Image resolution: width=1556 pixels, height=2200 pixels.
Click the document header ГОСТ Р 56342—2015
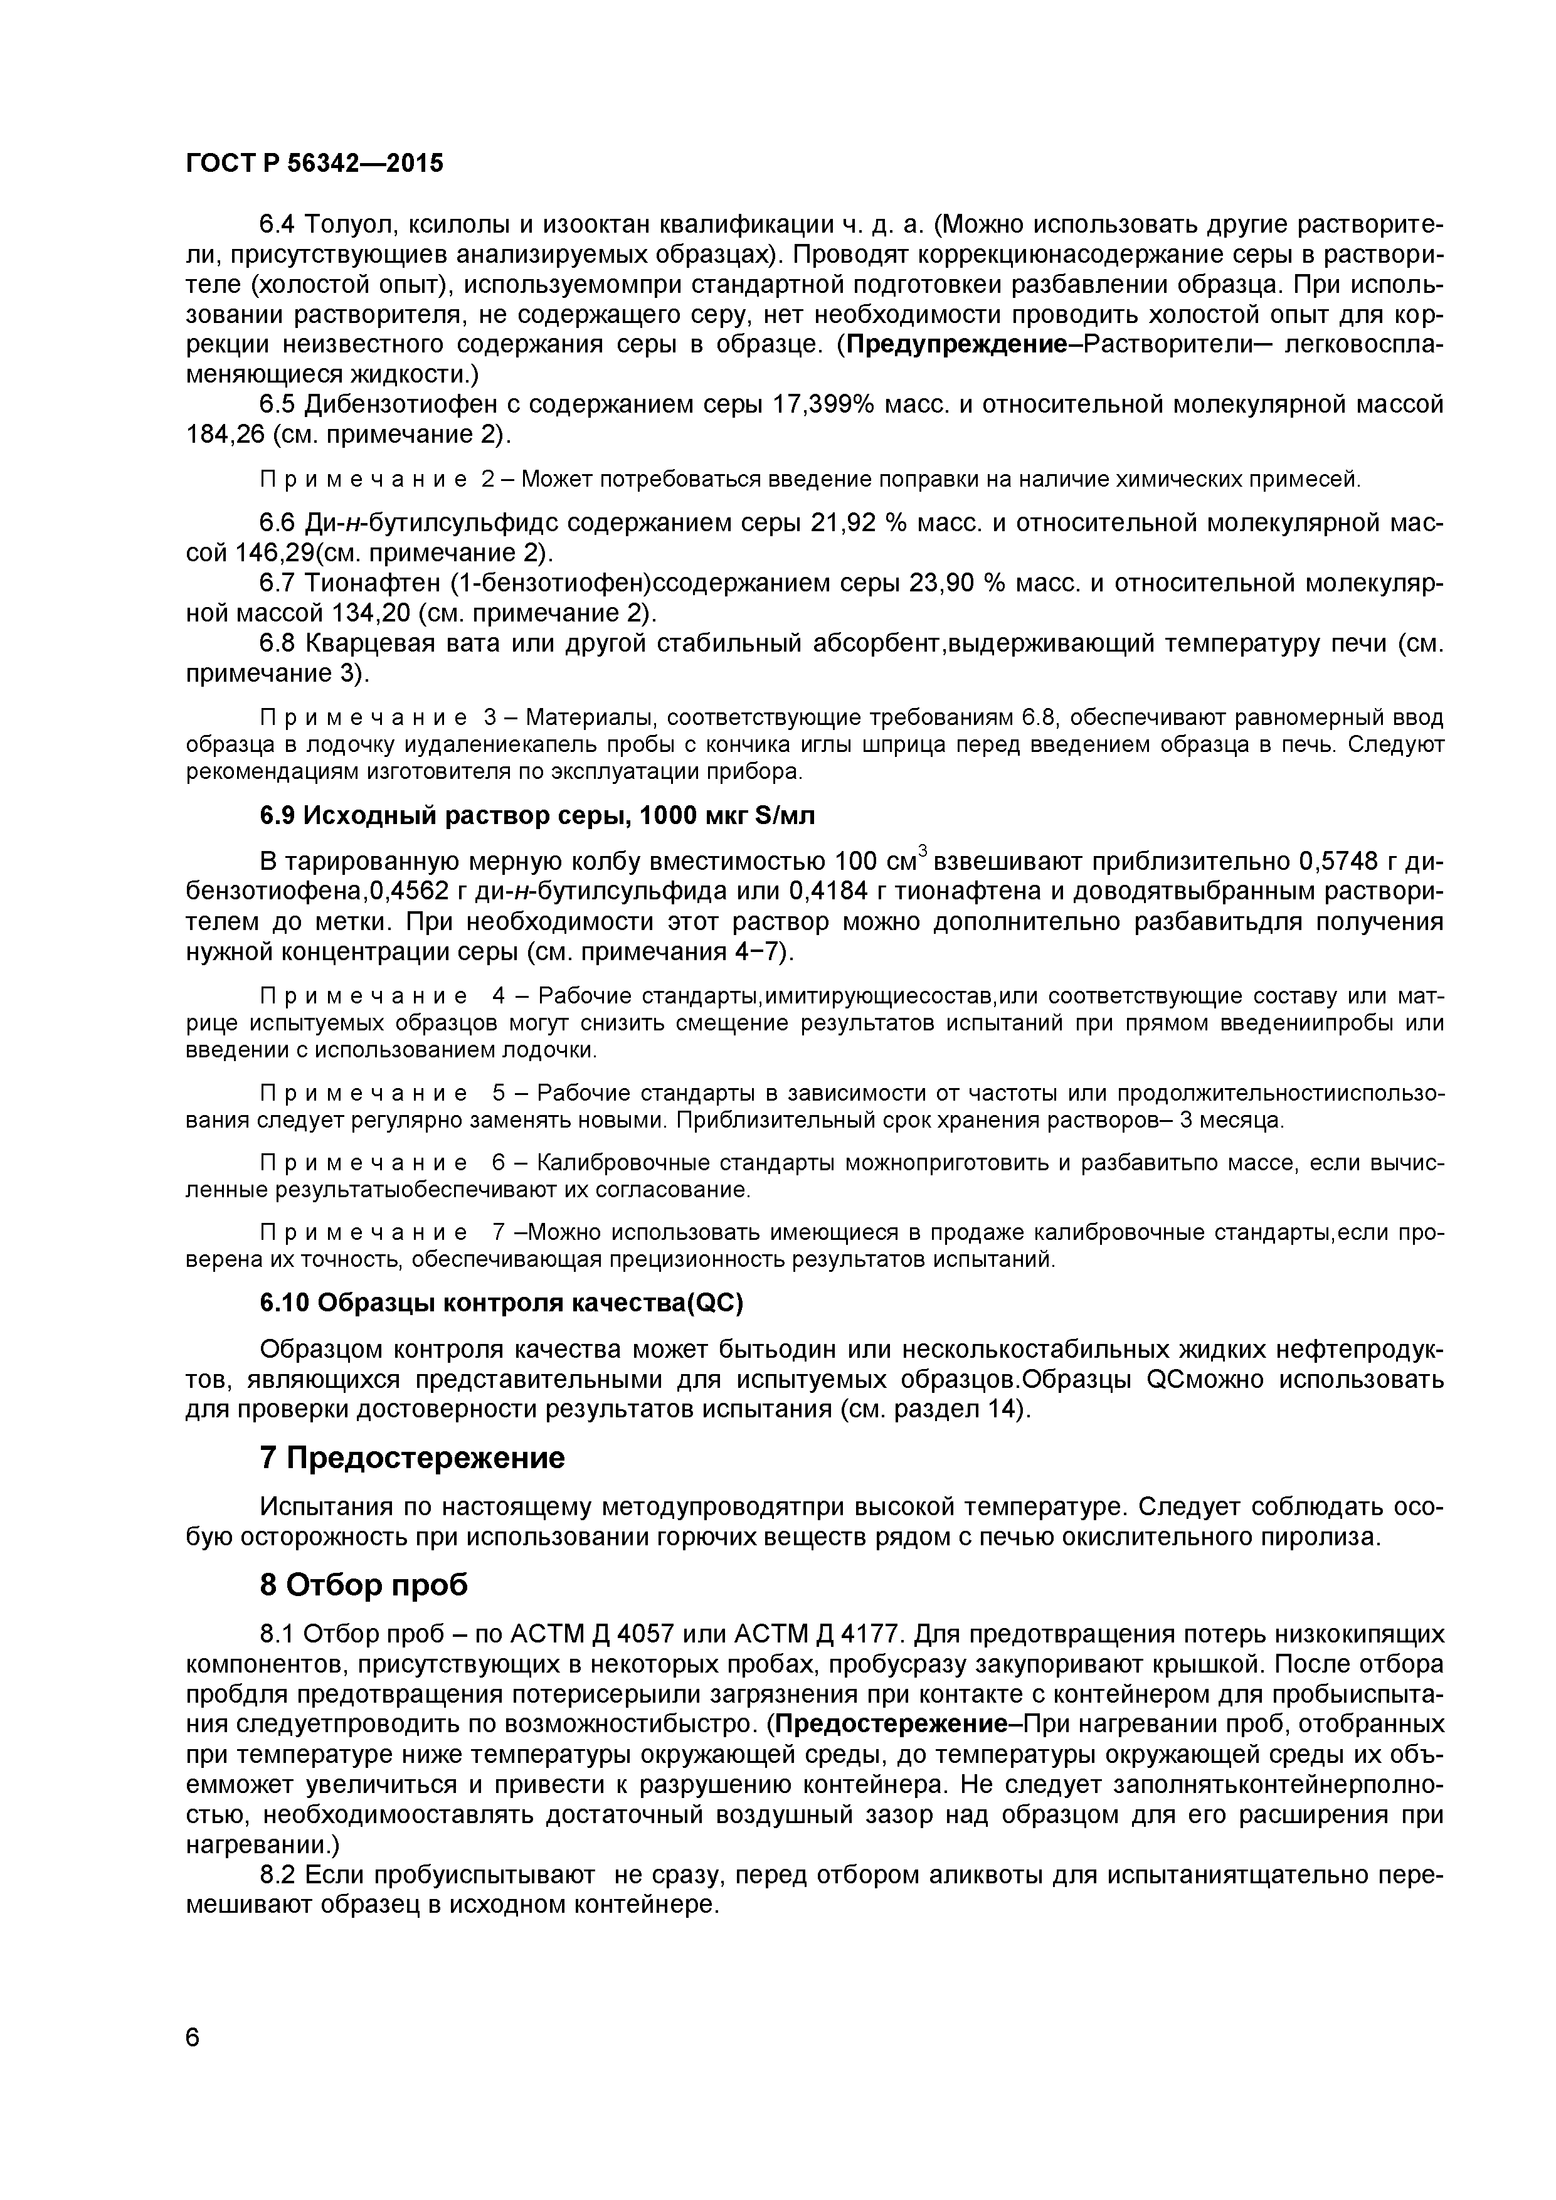tap(314, 164)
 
